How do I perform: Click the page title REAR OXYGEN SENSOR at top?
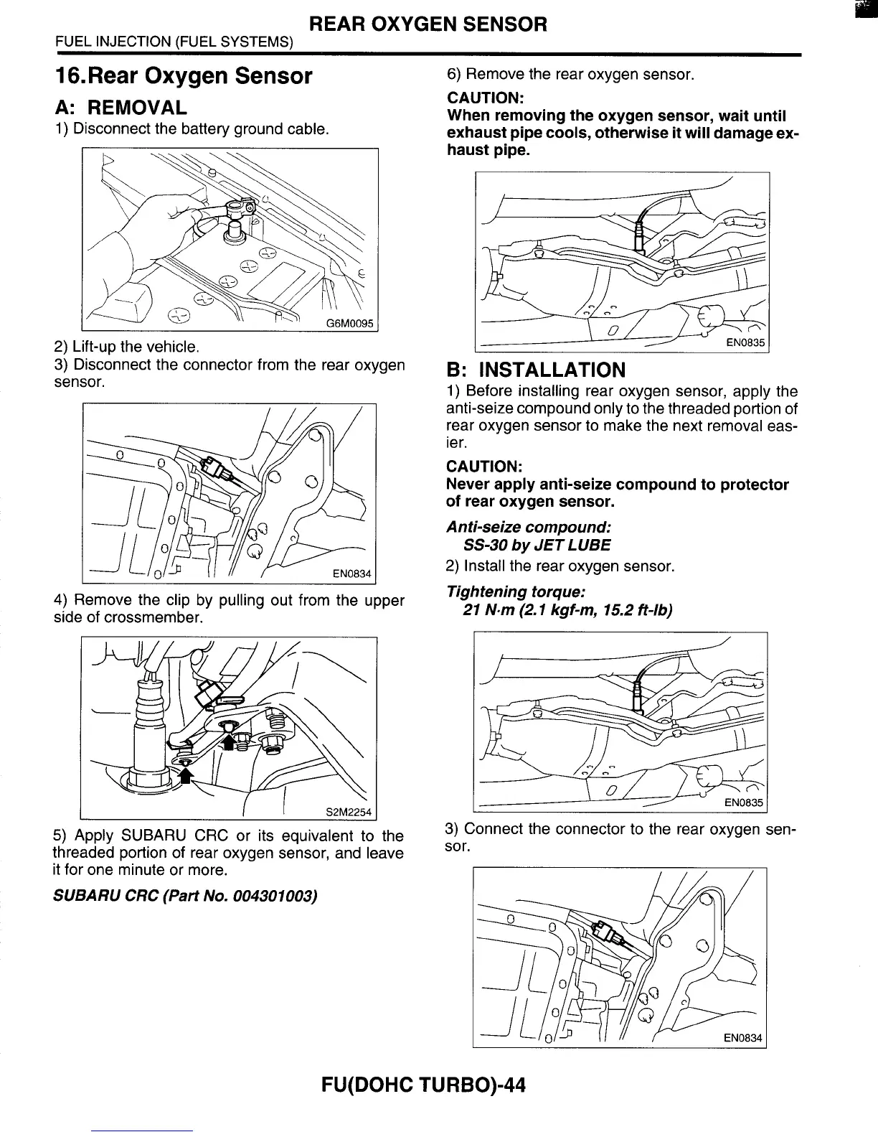428,25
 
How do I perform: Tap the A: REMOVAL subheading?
121,108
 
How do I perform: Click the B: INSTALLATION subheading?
536,370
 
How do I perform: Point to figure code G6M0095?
350,322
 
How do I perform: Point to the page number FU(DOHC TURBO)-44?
424,1085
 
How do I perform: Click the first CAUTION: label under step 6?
484,98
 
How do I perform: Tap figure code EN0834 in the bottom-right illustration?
742,1038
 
